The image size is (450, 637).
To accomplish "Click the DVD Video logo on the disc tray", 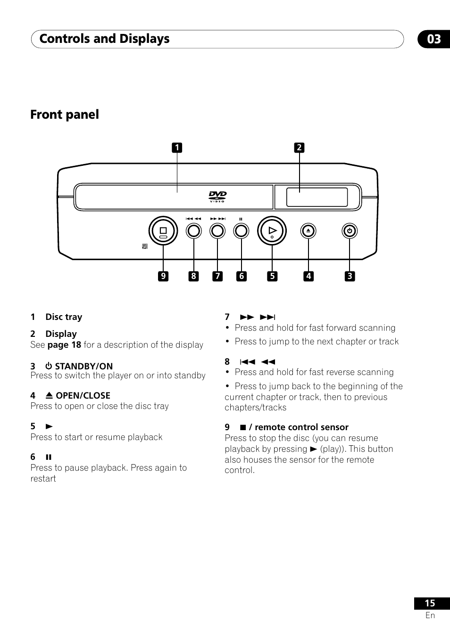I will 218,196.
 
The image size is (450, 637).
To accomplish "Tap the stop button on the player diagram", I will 163,231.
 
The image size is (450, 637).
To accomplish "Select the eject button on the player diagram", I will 308,231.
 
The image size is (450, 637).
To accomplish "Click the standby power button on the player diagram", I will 349,231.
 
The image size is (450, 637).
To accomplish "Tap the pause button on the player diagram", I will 241,231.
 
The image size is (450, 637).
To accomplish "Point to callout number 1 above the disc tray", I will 177,148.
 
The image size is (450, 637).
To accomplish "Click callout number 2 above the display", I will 299,148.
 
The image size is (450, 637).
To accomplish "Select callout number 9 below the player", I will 163,276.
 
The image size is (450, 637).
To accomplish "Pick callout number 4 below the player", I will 308,276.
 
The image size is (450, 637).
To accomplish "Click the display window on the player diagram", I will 317,197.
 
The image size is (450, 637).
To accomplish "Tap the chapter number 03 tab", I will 433,39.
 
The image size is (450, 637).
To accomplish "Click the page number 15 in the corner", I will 430,603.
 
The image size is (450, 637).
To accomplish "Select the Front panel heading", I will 65,114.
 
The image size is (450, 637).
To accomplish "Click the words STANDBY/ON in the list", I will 83,366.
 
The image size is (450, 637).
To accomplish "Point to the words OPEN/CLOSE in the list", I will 83,395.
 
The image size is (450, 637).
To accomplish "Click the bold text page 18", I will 64,345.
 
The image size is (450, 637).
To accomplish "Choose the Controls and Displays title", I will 104,39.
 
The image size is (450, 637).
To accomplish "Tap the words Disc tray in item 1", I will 64,317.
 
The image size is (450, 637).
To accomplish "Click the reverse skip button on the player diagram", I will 193,231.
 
